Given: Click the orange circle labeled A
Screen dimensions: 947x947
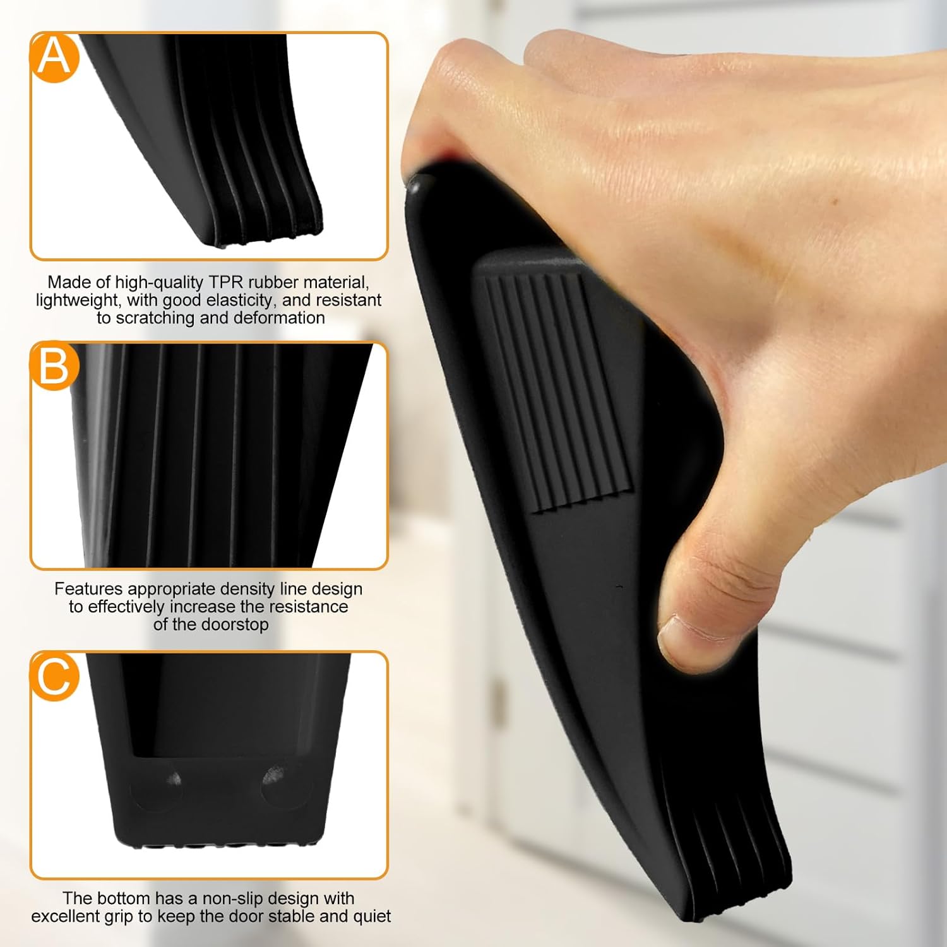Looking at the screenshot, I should pyautogui.click(x=54, y=57).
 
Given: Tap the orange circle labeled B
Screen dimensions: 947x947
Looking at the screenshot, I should pyautogui.click(x=54, y=366).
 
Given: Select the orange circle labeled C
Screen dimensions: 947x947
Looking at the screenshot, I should pyautogui.click(x=54, y=676).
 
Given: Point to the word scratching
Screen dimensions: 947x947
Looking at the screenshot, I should pyautogui.click(x=155, y=318).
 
